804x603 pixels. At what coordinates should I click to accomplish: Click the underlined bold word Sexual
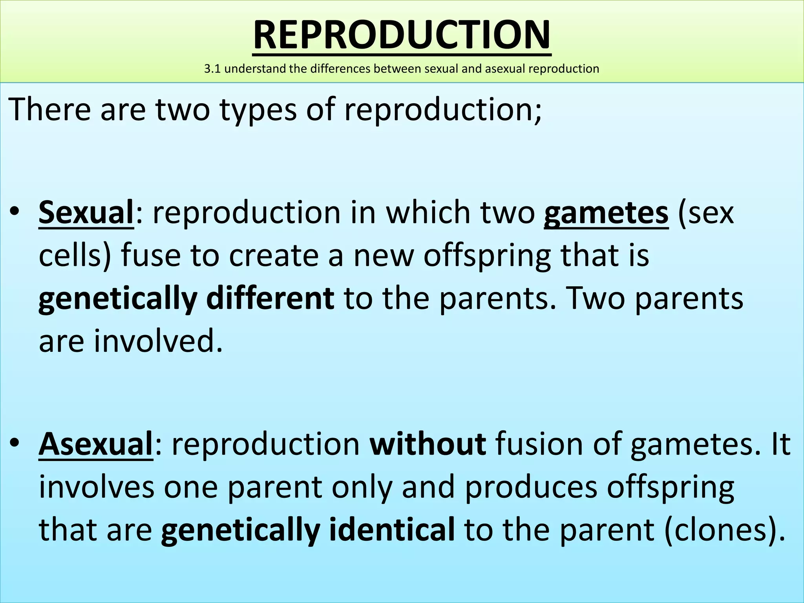click(86, 212)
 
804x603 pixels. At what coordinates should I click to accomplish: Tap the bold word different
click(270, 298)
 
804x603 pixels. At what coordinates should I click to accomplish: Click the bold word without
click(428, 444)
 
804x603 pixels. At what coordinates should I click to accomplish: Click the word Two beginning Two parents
click(595, 298)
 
